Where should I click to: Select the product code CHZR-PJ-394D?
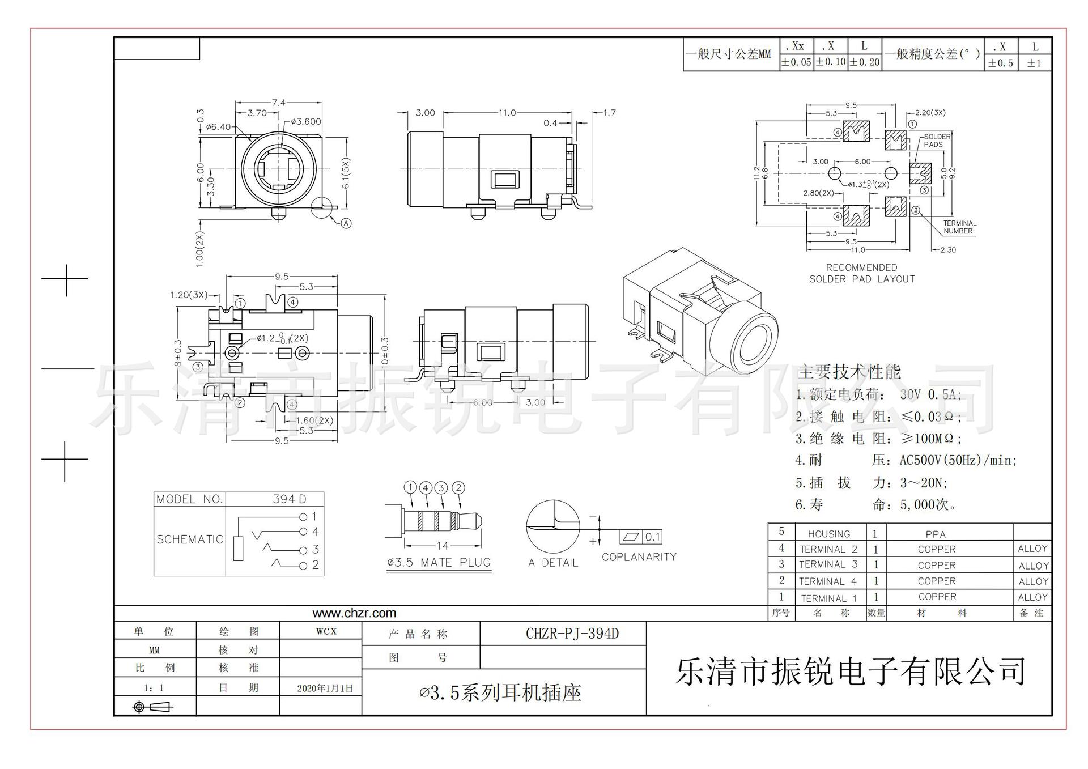[x=572, y=634]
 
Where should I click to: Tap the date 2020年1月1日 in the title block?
[x=325, y=689]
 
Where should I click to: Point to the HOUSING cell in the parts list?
[x=828, y=534]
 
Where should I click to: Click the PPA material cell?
[x=936, y=534]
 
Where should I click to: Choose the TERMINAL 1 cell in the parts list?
[x=828, y=598]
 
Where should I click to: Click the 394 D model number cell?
[x=289, y=499]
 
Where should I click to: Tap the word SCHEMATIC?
[x=190, y=539]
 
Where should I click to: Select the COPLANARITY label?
[x=639, y=557]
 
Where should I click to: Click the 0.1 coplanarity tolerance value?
[x=653, y=537]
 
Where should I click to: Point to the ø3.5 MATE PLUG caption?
[x=439, y=563]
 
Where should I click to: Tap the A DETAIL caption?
[x=552, y=563]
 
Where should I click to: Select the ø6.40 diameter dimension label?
[x=218, y=127]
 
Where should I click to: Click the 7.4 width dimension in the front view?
[x=279, y=103]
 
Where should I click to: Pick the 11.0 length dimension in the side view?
[x=507, y=113]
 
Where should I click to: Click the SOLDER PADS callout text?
[x=937, y=141]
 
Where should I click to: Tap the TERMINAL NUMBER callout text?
[x=959, y=227]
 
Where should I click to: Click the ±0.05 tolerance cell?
[x=796, y=62]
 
